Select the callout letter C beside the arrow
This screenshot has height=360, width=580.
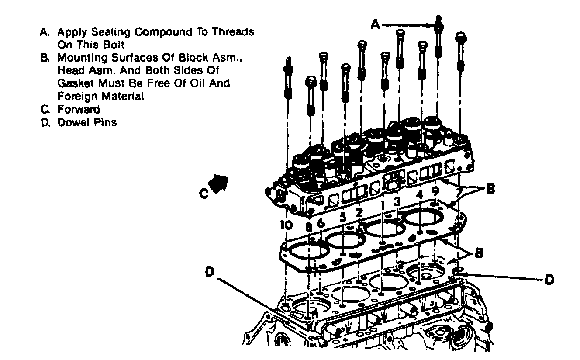tap(204, 193)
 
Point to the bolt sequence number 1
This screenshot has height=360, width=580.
tap(383, 204)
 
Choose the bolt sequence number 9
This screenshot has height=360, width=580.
tap(435, 191)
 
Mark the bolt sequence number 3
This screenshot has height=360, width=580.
tap(397, 201)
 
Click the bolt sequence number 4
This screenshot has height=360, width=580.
tap(420, 194)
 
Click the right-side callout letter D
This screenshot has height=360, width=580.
tap(549, 279)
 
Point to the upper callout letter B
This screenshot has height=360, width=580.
tap(491, 189)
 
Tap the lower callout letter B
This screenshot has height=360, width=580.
tap(479, 253)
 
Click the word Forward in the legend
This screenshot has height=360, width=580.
tap(79, 109)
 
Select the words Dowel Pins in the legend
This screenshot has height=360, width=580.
tap(87, 122)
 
